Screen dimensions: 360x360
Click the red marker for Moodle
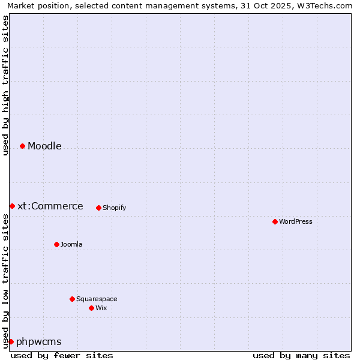(x=22, y=146)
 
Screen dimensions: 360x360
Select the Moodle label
(x=44, y=146)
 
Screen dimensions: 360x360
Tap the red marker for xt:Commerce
(x=12, y=206)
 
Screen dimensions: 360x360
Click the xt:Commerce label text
(x=50, y=206)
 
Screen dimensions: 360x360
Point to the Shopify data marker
(x=98, y=208)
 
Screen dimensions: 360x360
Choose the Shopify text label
(x=114, y=208)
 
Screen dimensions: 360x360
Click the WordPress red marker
(x=275, y=222)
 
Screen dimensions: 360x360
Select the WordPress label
(x=295, y=222)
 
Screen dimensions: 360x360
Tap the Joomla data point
(x=56, y=245)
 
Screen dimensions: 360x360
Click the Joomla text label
(x=71, y=245)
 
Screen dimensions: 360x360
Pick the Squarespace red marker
(x=72, y=299)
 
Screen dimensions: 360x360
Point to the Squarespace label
(x=97, y=299)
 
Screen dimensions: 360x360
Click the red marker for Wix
(x=91, y=308)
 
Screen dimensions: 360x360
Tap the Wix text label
(x=101, y=308)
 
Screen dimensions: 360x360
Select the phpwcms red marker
(x=11, y=342)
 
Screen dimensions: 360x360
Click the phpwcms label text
(x=39, y=342)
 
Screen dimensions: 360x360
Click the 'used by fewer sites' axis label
(x=62, y=356)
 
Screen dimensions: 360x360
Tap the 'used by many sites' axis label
(x=301, y=356)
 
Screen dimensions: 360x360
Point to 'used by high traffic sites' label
(x=5, y=85)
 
